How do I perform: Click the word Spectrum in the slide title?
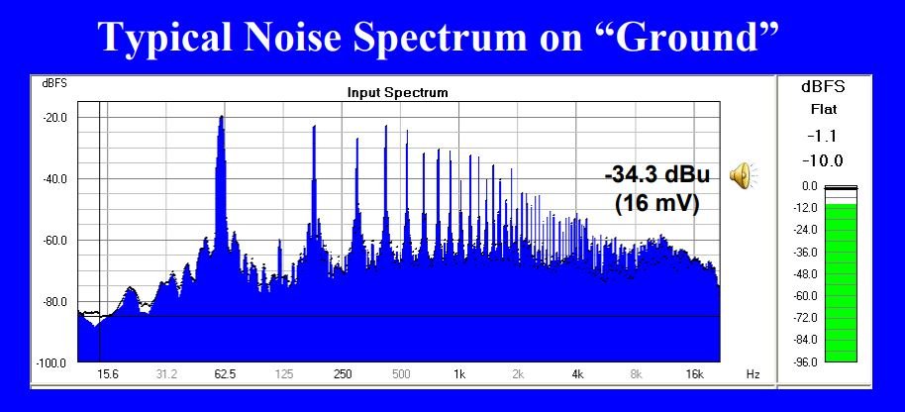click(x=440, y=38)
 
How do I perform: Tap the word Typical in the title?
click(x=166, y=38)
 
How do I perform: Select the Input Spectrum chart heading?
click(x=398, y=92)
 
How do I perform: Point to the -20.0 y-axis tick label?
click(x=56, y=118)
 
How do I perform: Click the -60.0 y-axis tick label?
click(x=56, y=240)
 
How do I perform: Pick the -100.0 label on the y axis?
click(x=53, y=362)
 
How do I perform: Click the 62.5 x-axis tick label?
click(x=225, y=374)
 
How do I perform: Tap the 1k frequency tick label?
click(x=459, y=374)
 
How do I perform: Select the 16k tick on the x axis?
click(x=694, y=374)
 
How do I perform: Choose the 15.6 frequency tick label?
click(x=107, y=374)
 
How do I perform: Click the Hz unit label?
click(x=753, y=374)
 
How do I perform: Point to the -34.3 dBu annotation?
click(x=657, y=176)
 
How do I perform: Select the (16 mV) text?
click(x=657, y=204)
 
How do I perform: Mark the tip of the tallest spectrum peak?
click(x=221, y=116)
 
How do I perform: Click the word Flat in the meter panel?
click(x=823, y=109)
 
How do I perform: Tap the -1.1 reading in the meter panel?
click(x=823, y=137)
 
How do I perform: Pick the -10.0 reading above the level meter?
click(x=823, y=160)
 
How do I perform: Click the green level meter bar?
click(x=841, y=282)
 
